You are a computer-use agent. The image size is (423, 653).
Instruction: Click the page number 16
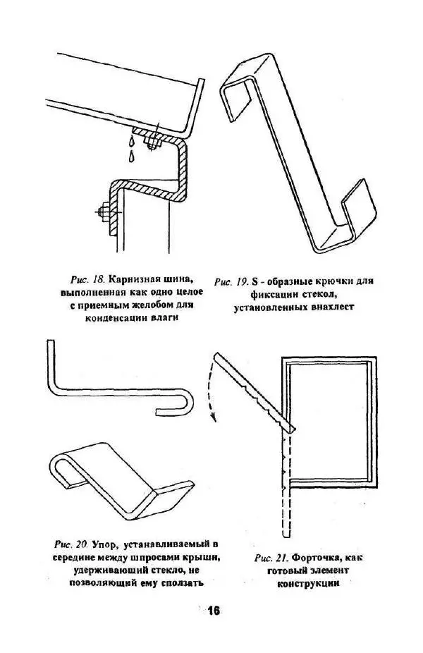click(214, 611)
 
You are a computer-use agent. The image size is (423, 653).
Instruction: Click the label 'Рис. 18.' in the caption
click(86, 278)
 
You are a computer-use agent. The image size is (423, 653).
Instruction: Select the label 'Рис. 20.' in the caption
click(71, 544)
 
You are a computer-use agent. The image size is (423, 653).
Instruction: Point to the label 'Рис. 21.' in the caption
click(271, 558)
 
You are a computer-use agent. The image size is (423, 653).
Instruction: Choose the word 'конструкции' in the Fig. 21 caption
click(308, 583)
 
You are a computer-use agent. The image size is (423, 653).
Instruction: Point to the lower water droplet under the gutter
click(132, 157)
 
